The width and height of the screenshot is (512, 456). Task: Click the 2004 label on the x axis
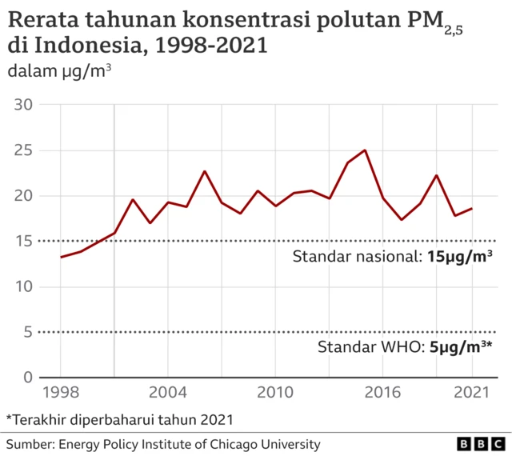pos(168,394)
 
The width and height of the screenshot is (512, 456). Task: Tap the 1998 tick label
pos(61,394)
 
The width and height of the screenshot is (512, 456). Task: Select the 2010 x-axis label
pos(275,394)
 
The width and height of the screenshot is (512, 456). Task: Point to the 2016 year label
pos(382,394)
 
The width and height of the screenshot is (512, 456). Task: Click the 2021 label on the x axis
pos(472,394)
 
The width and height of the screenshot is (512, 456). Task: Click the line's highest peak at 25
pos(365,150)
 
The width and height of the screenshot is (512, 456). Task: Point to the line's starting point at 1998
pos(61,257)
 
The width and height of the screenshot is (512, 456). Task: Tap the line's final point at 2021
pos(472,209)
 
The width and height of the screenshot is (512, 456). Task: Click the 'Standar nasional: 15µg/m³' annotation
pos(392,257)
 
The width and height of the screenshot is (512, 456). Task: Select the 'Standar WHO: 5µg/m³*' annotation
pos(405,347)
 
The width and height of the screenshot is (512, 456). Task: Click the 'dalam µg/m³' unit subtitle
pos(59,72)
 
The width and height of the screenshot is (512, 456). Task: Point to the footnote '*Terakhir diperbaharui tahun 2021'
pos(120,418)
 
